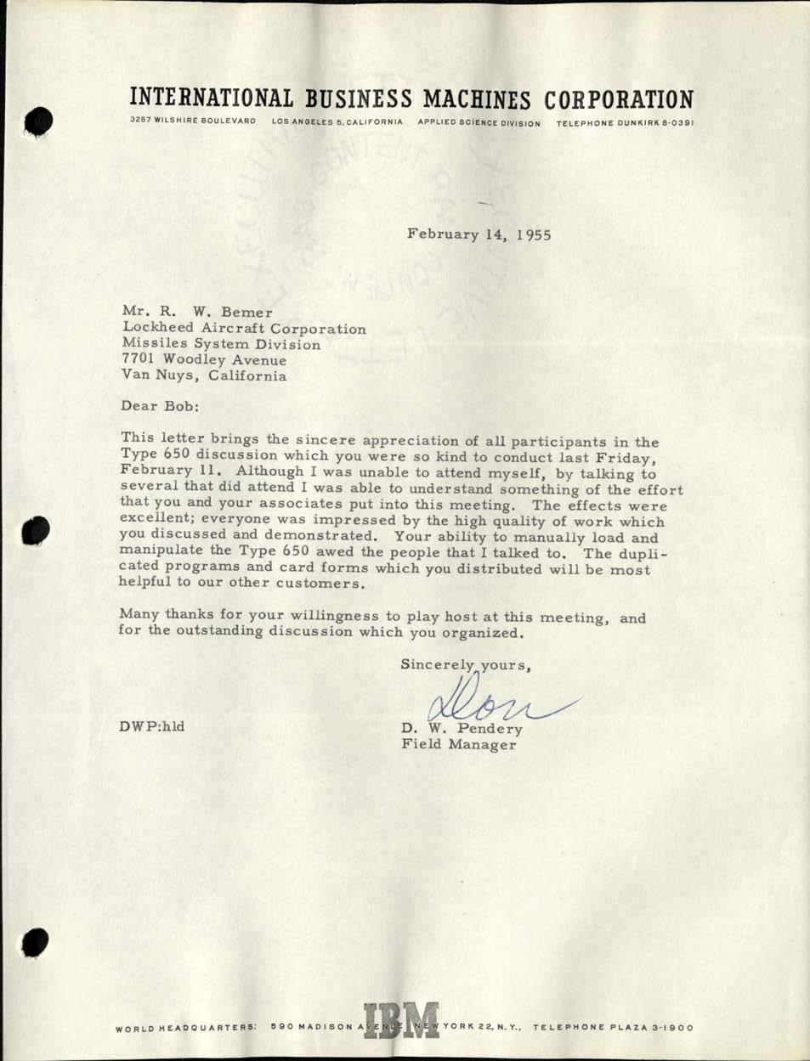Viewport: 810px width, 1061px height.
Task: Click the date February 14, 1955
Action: (x=479, y=234)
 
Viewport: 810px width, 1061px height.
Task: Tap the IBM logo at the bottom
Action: (x=401, y=1022)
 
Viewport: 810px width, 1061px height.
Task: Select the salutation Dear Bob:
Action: (x=161, y=406)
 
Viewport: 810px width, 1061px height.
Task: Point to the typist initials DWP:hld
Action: (x=154, y=726)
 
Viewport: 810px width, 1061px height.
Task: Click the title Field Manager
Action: (x=458, y=745)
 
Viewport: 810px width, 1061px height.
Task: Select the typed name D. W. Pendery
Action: (x=462, y=728)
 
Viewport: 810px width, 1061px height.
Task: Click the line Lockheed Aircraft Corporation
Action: (x=245, y=329)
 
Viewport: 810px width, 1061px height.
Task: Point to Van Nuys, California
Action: (x=205, y=375)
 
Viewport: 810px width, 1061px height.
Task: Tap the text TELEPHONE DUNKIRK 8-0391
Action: (x=626, y=122)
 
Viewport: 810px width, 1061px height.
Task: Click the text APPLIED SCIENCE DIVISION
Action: (x=479, y=122)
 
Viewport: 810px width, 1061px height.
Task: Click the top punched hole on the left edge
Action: (x=38, y=121)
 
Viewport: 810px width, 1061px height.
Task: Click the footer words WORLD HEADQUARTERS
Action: (x=186, y=1027)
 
